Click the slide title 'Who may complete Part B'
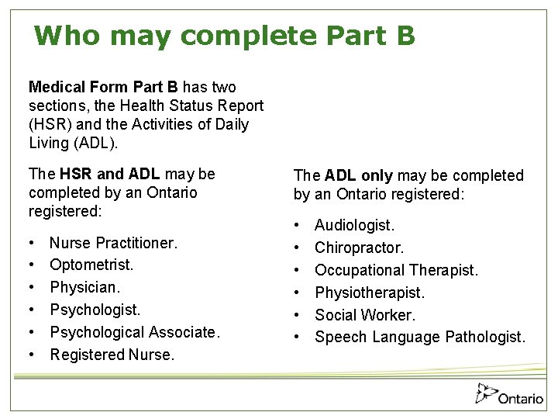225,36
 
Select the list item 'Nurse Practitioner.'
113,243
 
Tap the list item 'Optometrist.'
91,265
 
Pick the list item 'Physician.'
85,287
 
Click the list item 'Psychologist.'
95,310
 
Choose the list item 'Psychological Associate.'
135,332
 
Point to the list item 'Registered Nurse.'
112,355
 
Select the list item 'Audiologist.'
354,225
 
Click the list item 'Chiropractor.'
359,248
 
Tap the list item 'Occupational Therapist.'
396,270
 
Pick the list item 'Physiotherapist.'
370,293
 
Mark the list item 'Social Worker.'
365,315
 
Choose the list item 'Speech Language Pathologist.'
420,338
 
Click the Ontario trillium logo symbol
486,394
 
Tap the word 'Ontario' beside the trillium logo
521,399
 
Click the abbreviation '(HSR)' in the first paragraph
48,124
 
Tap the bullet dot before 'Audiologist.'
298,225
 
